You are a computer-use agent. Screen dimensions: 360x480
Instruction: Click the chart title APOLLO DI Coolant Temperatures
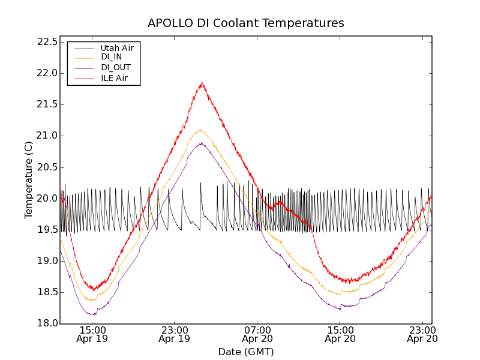pos(246,23)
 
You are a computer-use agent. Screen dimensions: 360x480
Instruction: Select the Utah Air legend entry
pos(117,47)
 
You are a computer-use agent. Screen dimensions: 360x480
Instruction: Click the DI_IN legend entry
pos(111,57)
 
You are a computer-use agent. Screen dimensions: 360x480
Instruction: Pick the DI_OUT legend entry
pos(115,67)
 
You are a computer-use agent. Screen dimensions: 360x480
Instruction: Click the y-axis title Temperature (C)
pos(29,180)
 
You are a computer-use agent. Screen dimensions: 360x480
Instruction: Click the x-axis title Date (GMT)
pos(246,352)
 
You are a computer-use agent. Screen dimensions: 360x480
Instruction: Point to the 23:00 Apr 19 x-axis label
pos(175,334)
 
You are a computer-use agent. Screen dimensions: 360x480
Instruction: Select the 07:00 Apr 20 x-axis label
pos(257,334)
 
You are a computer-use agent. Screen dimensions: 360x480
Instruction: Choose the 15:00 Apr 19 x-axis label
pos(92,334)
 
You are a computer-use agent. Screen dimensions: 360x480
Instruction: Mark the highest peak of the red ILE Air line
pos(202,82)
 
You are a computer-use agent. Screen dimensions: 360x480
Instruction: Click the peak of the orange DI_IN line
pos(201,130)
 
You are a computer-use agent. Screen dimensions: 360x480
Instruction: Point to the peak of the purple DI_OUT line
pos(202,143)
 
